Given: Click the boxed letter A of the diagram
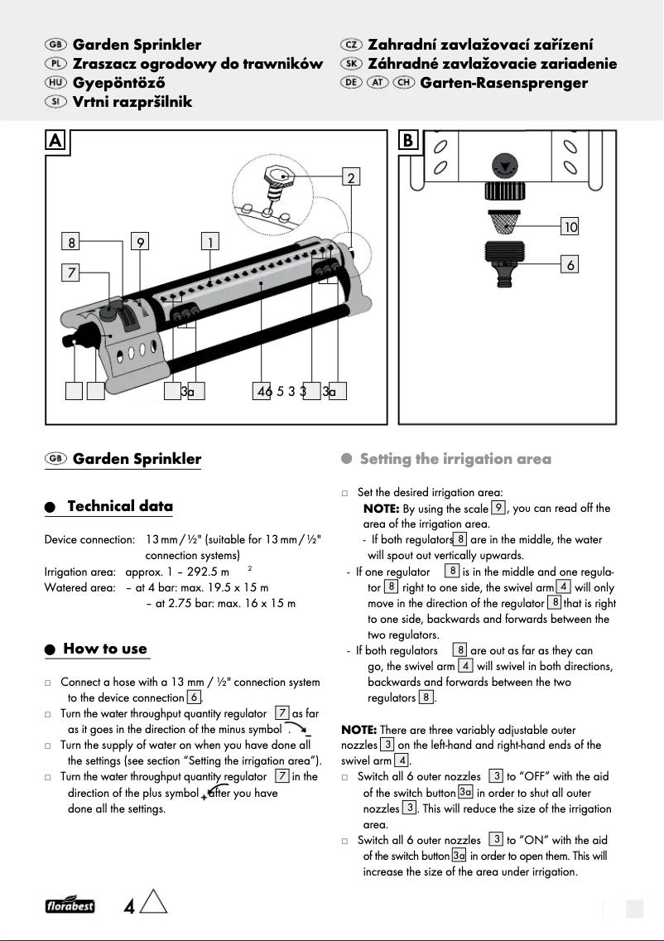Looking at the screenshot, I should [x=55, y=141].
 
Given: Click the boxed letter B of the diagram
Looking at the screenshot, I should [x=409, y=141].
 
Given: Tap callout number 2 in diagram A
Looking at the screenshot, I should [x=352, y=177].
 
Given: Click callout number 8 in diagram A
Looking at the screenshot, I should [x=72, y=242].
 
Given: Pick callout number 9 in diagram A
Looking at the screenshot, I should [x=142, y=242].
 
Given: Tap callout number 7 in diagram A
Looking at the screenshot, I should [x=72, y=272].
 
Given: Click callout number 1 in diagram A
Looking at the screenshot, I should [x=212, y=242].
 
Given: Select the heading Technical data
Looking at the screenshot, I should [x=120, y=506].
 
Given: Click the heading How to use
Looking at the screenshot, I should [x=105, y=649].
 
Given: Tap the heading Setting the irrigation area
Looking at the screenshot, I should [x=455, y=459].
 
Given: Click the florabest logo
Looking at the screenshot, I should [x=70, y=905].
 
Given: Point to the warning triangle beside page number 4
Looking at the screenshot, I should [x=154, y=903].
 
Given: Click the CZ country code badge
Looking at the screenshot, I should [x=351, y=45].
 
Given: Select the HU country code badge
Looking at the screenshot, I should [x=57, y=83].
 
